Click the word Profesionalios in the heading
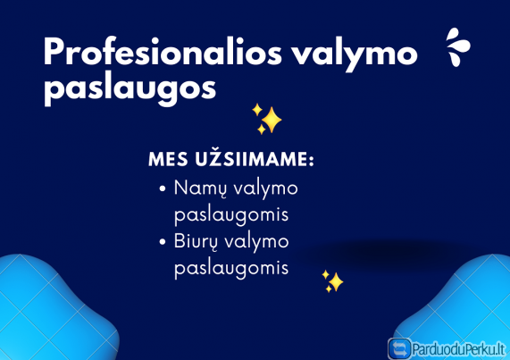pyautogui.click(x=162, y=54)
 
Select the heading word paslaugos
pyautogui.click(x=129, y=88)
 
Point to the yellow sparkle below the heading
pyautogui.click(x=266, y=119)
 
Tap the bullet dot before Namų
pyautogui.click(x=162, y=190)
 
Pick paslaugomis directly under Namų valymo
pyautogui.click(x=231, y=216)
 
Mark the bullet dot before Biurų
pyautogui.click(x=162, y=242)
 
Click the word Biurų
pyautogui.click(x=197, y=241)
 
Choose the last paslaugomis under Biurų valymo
pyautogui.click(x=231, y=269)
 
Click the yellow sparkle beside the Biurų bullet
pyautogui.click(x=332, y=281)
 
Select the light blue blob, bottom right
pyautogui.click(x=464, y=304)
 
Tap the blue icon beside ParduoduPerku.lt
pyautogui.click(x=399, y=347)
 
